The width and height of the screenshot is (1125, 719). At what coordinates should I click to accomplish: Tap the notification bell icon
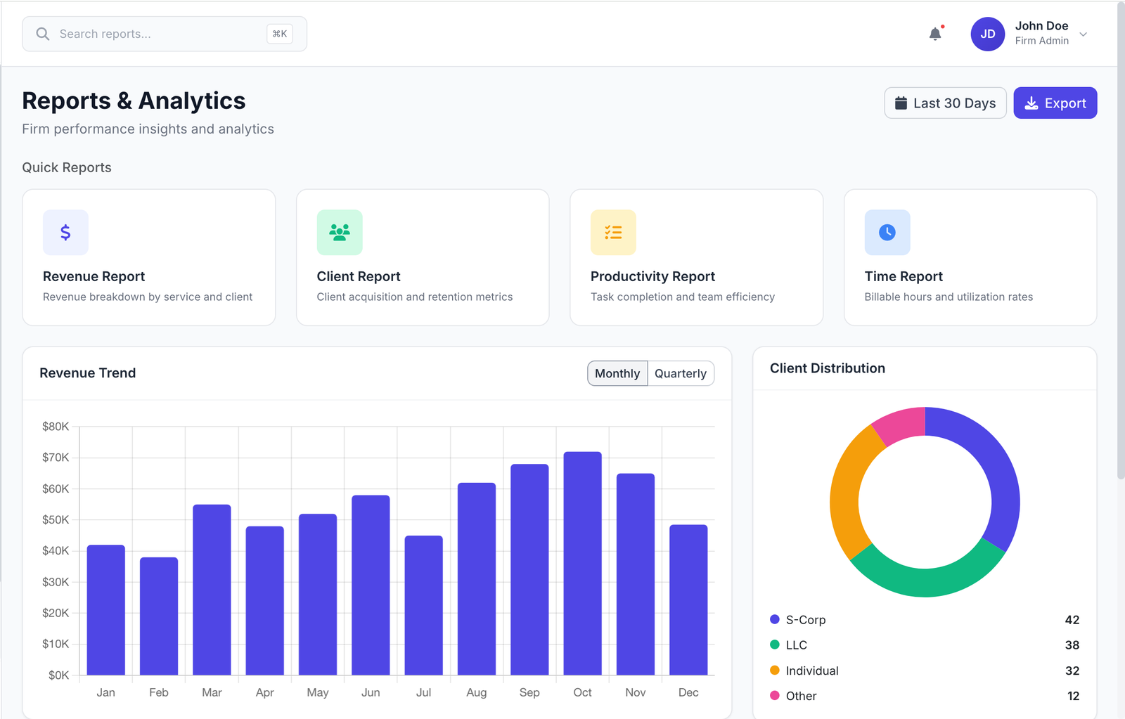click(x=935, y=34)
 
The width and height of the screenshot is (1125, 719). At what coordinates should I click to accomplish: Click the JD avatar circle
click(x=988, y=34)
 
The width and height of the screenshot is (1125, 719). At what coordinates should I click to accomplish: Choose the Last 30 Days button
click(x=945, y=103)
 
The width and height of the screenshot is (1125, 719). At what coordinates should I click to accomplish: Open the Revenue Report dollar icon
click(x=65, y=233)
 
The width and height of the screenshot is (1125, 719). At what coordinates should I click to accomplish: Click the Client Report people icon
click(x=340, y=233)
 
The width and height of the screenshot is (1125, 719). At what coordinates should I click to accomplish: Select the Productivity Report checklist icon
click(x=613, y=233)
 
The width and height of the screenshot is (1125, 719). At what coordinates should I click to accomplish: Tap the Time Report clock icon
click(x=887, y=233)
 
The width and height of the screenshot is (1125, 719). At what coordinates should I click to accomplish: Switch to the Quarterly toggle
click(x=680, y=373)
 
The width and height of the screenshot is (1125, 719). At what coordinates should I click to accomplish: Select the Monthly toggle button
click(x=617, y=373)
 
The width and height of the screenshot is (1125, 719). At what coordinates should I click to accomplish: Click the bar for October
click(x=582, y=562)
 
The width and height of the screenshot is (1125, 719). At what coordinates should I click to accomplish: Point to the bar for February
click(x=159, y=615)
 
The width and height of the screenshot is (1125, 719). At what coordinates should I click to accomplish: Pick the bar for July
click(x=423, y=604)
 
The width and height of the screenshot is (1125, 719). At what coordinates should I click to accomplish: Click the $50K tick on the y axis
click(x=56, y=520)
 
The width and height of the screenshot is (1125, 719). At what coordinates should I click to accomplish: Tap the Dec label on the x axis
click(x=688, y=692)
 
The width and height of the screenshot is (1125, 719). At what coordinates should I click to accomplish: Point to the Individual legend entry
click(x=812, y=671)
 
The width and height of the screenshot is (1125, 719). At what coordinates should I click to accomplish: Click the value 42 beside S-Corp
click(x=1072, y=620)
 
